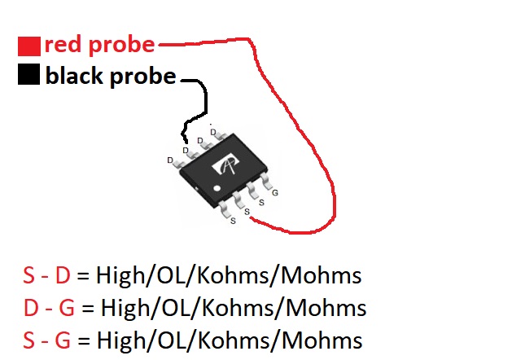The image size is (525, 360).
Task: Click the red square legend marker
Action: coord(29,46)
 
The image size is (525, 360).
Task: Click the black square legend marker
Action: coord(28,76)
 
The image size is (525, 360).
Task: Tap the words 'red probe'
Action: coord(98,44)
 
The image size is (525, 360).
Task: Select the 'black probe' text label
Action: coord(111,77)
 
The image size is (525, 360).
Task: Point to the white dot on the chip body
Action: coord(217,188)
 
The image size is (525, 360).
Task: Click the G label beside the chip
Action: coord(275,192)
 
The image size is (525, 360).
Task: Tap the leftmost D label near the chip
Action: coord(170,160)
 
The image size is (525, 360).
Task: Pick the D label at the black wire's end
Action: coord(186,150)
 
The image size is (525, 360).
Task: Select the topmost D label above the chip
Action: coord(213,131)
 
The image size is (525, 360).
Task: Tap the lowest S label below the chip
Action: coord(234,220)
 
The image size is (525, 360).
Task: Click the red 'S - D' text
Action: coord(46,275)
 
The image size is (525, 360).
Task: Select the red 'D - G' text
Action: coord(48,308)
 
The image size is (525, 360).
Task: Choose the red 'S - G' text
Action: coord(47,338)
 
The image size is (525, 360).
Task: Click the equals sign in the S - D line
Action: coord(84,276)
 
